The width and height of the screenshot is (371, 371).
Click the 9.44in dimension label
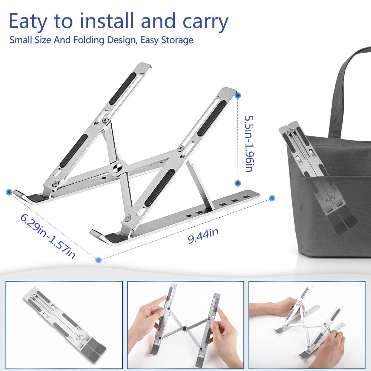coord(203,236)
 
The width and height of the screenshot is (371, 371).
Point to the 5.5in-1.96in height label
coord(248,143)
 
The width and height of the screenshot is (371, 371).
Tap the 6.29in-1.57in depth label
coord(48,236)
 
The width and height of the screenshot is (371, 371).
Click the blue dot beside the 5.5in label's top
coord(238,96)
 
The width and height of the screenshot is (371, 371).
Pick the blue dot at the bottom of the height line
coord(238,183)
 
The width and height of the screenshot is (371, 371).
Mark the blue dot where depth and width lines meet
coord(98,260)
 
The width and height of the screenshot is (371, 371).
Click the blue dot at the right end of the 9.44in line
coord(272,198)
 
